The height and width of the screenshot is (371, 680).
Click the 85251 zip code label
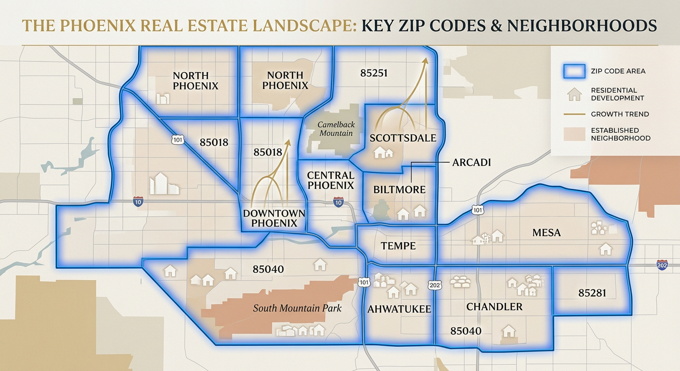[374, 73]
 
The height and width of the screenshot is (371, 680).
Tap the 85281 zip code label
[592, 293]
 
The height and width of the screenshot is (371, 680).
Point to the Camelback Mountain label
[335, 129]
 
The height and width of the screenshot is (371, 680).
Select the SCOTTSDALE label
[403, 138]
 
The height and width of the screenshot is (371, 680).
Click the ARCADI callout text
[471, 162]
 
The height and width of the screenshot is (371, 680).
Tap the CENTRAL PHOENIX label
[331, 180]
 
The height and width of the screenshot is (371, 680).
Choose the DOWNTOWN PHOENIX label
[274, 218]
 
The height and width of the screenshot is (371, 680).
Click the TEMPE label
[398, 246]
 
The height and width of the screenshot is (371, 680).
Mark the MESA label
[546, 233]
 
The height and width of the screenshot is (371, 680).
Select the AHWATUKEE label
[399, 309]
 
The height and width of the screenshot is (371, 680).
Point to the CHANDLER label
[494, 307]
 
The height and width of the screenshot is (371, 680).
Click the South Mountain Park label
[297, 308]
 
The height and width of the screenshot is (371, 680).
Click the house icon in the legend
[574, 94]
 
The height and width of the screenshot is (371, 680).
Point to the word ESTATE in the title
[221, 26]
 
